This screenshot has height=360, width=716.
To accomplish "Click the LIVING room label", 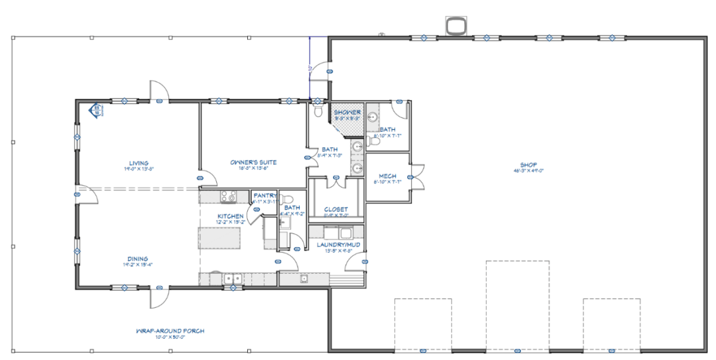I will [139, 163].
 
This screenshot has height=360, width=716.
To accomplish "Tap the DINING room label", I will [139, 259].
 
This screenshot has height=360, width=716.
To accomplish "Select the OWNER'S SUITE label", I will [253, 162].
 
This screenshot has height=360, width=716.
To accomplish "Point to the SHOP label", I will [528, 164].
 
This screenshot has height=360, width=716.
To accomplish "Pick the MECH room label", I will [387, 176].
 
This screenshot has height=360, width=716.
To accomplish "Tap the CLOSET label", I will [336, 210].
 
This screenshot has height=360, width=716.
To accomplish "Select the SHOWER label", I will [347, 113].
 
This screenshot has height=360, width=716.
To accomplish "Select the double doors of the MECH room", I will [416, 178].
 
